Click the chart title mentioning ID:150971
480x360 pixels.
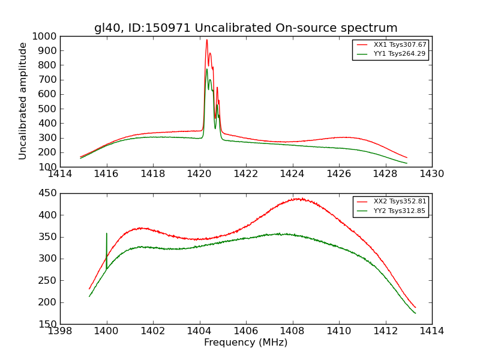[x=245, y=28]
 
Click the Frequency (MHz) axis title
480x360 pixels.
[x=245, y=343]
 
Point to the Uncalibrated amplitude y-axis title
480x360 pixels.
[x=23, y=101]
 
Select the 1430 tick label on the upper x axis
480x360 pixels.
[x=431, y=174]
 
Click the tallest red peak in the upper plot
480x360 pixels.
[x=206, y=40]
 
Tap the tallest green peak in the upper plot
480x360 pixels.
[x=207, y=69]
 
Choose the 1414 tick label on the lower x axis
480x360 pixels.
[x=431, y=331]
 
